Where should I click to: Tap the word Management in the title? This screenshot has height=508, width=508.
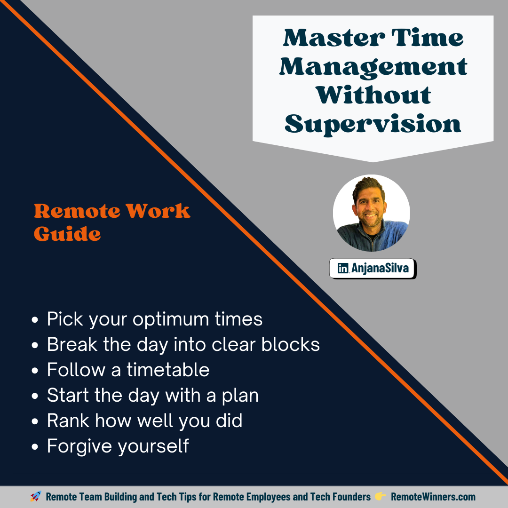pos(373,67)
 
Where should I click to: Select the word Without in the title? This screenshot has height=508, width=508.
pos(373,95)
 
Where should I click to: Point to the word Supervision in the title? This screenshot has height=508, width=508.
pos(373,124)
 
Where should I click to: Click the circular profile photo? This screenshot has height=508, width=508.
pos(372,213)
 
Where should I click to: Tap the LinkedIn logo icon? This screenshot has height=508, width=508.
pos(343,269)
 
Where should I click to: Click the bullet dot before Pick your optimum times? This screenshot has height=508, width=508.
pos(35,320)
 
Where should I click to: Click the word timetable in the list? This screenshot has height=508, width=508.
pos(168,370)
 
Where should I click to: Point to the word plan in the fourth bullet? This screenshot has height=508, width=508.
pos(240,396)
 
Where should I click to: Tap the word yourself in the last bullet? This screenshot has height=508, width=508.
pos(153,446)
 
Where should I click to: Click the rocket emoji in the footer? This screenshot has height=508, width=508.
pos(36,497)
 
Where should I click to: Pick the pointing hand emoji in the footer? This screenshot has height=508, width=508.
pos(380,497)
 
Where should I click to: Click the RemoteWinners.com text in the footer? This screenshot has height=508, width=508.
pos(433,497)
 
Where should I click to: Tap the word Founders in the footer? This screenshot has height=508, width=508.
pos(350,497)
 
